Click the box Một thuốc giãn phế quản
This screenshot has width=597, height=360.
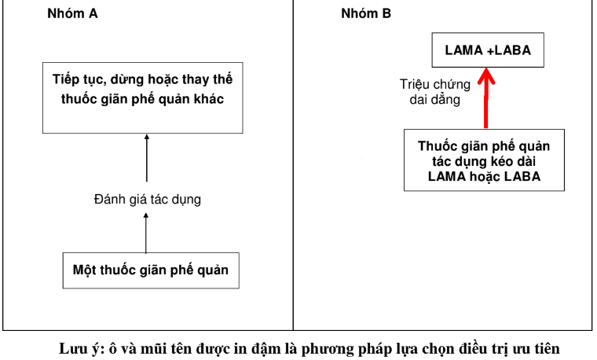(150, 270)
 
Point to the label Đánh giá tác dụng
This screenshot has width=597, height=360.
(147, 199)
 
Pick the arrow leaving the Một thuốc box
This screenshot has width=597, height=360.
(146, 234)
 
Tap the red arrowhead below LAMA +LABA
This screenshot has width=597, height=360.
(487, 76)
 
